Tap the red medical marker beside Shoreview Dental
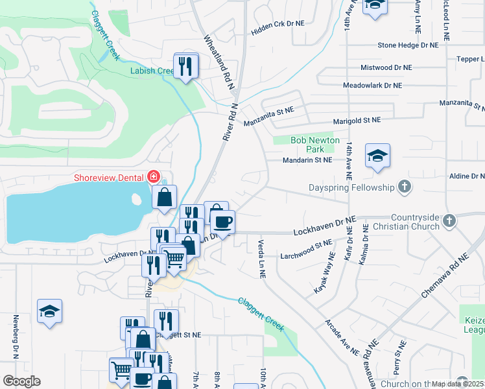point(154,177)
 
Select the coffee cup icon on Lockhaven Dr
point(223,222)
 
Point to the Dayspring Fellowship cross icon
point(404,187)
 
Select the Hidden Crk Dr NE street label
point(278,23)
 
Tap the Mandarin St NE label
point(307,159)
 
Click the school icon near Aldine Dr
point(377,156)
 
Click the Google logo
point(21,381)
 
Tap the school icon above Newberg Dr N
point(49,311)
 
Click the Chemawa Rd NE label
point(444,276)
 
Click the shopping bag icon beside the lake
point(165,196)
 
